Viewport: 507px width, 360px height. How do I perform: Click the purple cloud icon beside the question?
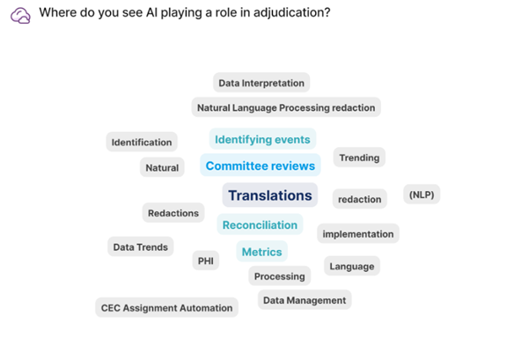[x=20, y=16]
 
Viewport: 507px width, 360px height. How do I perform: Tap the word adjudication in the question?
[x=291, y=13]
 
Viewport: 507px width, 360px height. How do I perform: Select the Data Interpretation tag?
[x=261, y=83]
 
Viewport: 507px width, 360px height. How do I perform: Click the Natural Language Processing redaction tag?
[x=286, y=107]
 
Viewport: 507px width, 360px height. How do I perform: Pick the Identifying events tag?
[x=262, y=139]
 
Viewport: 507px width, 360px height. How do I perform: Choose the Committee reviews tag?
[x=261, y=165]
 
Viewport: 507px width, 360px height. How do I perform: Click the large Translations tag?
[x=270, y=195]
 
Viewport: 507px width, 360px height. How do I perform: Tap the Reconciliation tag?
[x=260, y=224]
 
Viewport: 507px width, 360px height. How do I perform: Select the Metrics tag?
[x=262, y=252]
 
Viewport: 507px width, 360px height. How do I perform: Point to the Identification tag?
[x=142, y=142]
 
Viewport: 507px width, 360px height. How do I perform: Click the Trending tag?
[x=359, y=158]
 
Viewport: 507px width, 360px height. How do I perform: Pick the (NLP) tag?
[x=422, y=195]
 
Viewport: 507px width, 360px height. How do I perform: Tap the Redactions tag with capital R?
[x=173, y=213]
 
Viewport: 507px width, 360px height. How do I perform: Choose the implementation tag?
[x=358, y=233]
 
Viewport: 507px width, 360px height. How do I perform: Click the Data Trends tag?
[x=140, y=246]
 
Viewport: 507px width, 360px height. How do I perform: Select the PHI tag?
[x=206, y=261]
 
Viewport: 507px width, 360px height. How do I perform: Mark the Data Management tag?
[x=305, y=300]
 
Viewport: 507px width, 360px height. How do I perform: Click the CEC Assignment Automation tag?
[x=167, y=307]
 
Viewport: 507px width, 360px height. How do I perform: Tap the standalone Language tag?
[x=352, y=266]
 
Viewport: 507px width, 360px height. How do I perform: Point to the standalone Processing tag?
[x=279, y=276]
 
